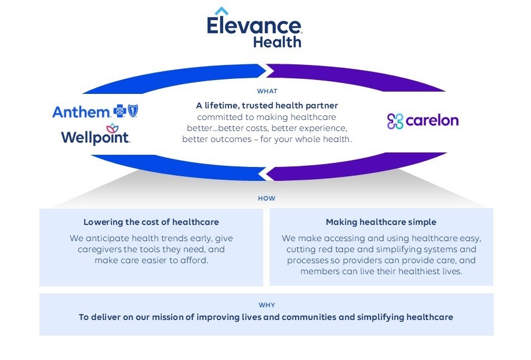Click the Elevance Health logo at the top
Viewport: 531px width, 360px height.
(254, 30)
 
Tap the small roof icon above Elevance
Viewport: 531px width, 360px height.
(221, 11)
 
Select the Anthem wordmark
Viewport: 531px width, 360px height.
(81, 112)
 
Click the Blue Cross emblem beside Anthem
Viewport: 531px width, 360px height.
(121, 111)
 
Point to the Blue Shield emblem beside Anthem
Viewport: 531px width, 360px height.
(133, 111)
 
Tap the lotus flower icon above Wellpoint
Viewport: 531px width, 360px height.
(111, 128)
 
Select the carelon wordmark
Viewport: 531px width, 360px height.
(432, 121)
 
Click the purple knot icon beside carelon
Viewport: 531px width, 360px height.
(395, 121)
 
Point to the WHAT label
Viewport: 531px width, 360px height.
(267, 91)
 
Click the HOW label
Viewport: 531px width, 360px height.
(267, 198)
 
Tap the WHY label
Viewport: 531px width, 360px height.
(267, 305)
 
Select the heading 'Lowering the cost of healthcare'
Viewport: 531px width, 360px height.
(151, 222)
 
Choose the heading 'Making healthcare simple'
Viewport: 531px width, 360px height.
(381, 222)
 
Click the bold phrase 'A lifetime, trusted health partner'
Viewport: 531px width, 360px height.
(267, 106)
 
